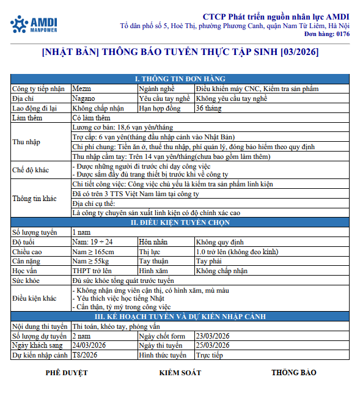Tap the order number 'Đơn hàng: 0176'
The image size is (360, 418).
tap(328, 35)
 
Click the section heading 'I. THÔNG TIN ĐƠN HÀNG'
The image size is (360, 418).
tap(180, 79)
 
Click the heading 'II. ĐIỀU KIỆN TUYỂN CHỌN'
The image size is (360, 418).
tap(180, 222)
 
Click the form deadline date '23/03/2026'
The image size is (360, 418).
tap(213, 336)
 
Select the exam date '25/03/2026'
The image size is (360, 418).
tap(213, 345)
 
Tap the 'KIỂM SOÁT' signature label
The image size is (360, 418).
tap(180, 372)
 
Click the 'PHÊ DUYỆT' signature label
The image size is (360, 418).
tap(67, 372)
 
